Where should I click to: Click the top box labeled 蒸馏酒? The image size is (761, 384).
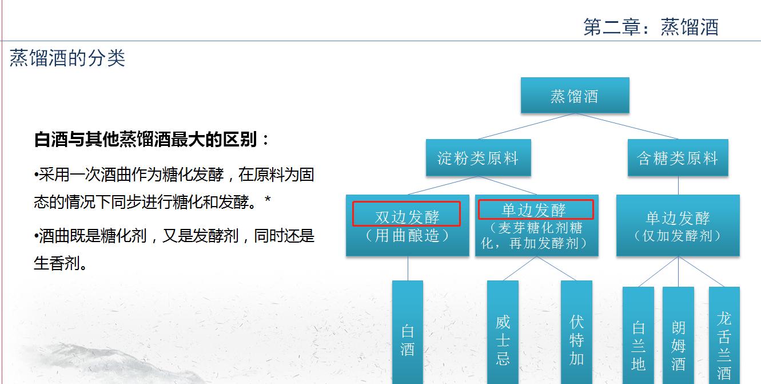pyautogui.click(x=575, y=95)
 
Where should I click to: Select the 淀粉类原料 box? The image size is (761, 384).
pyautogui.click(x=479, y=157)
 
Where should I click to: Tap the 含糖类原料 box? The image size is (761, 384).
pyautogui.click(x=678, y=157)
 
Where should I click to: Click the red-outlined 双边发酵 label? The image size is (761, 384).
pyautogui.click(x=407, y=214)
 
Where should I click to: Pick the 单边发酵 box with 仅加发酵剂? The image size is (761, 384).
pyautogui.click(x=678, y=225)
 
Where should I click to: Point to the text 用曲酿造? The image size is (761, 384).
pyautogui.click(x=407, y=236)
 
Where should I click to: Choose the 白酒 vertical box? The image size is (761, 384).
pyautogui.click(x=407, y=332)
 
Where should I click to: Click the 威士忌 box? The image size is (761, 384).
pyautogui.click(x=503, y=332)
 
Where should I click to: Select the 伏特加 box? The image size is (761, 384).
pyautogui.click(x=576, y=332)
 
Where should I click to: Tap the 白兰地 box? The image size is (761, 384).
pyautogui.click(x=638, y=335)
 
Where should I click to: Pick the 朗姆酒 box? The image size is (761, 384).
pyautogui.click(x=678, y=335)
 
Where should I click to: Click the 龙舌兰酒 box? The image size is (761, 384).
pyautogui.click(x=724, y=335)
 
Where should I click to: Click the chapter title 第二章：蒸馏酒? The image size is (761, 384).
pyautogui.click(x=651, y=27)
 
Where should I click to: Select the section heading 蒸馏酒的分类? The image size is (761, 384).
pyautogui.click(x=67, y=58)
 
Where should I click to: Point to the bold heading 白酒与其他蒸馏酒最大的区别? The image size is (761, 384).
pyautogui.click(x=145, y=139)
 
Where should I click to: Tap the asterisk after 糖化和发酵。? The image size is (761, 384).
pyautogui.click(x=268, y=199)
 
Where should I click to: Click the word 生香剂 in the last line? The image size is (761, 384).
pyautogui.click(x=57, y=263)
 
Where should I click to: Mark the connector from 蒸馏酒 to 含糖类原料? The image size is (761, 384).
pyautogui.click(x=627, y=126)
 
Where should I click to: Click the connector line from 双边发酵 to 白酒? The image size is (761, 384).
pyautogui.click(x=408, y=268)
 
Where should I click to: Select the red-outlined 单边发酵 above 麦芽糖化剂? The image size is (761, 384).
pyautogui.click(x=536, y=209)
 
